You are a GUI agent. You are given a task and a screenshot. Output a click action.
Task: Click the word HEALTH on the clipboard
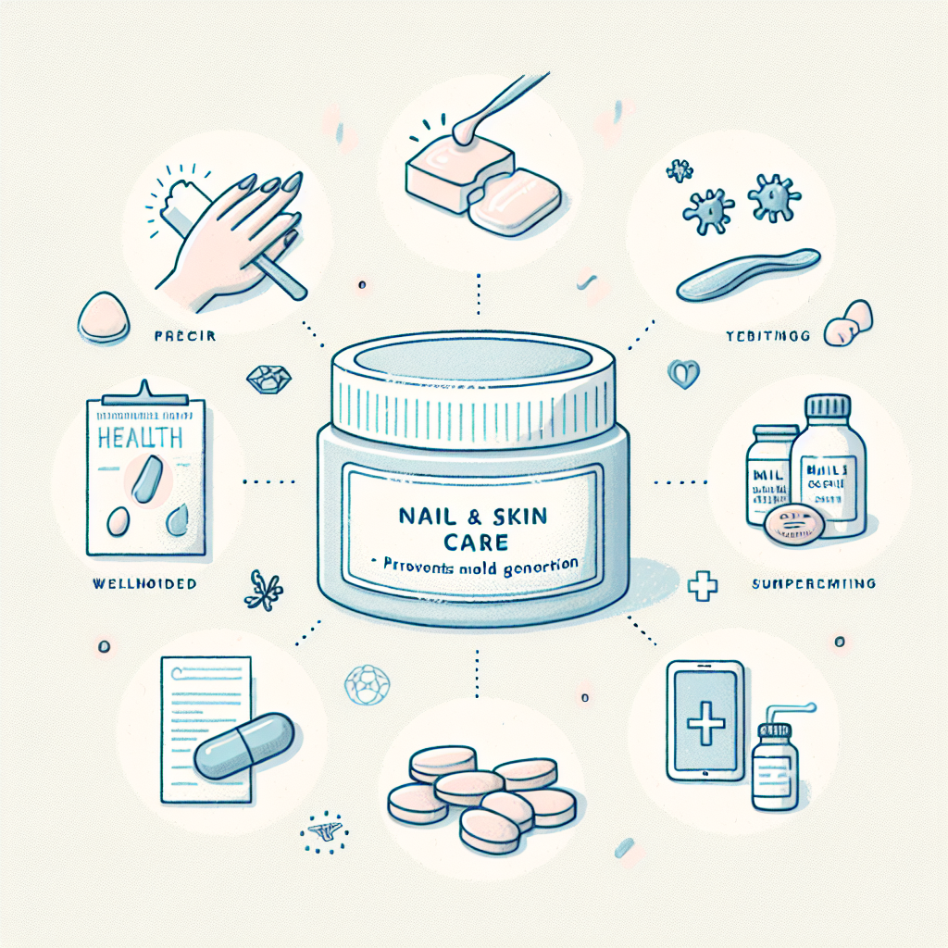(140, 437)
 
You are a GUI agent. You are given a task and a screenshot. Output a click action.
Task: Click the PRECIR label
(184, 336)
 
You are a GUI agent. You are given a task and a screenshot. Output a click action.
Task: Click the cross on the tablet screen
(707, 720)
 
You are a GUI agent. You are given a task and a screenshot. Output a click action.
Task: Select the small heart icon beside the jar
(680, 373)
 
